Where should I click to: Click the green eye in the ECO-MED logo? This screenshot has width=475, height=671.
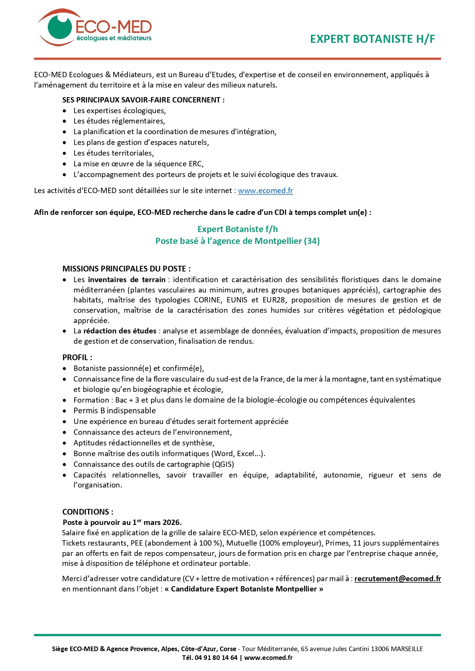point(60,27)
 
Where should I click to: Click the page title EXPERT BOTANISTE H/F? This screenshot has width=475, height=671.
point(372,39)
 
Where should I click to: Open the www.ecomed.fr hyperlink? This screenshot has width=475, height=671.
point(265,190)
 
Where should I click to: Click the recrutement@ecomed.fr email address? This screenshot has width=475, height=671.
point(397,578)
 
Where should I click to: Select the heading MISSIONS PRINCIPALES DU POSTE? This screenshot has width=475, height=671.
point(126,269)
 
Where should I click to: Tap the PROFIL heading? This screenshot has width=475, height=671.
point(77,357)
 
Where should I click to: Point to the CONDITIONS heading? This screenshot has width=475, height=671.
point(87,512)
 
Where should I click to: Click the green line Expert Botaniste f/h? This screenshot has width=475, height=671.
point(237,229)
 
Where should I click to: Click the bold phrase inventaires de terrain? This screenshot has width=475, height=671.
point(126,279)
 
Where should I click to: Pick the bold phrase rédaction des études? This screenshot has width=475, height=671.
point(120,331)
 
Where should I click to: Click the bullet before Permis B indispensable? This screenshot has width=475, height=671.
point(65,411)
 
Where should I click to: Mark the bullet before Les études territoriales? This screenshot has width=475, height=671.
point(65,153)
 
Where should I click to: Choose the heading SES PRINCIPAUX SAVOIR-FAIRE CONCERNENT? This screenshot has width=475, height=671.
point(143,100)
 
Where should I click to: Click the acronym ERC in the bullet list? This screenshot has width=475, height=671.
point(195,164)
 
